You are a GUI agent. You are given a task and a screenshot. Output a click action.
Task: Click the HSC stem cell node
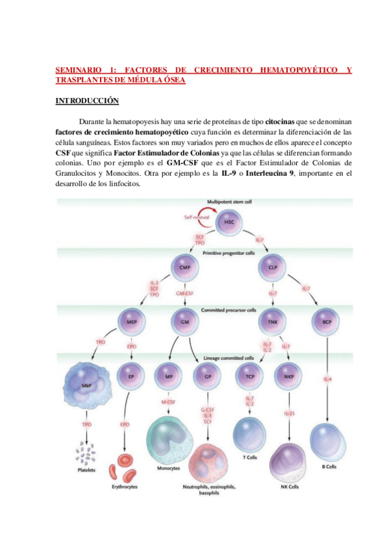229,222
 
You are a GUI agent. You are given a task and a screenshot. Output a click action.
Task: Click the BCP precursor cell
327,320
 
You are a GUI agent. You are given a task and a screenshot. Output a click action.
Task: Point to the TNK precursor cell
273,320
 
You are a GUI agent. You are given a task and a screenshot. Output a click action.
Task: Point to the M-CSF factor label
169,403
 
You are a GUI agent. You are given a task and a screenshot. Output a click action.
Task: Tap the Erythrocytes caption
124,486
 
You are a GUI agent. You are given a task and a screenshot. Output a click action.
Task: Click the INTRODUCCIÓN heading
86,101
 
